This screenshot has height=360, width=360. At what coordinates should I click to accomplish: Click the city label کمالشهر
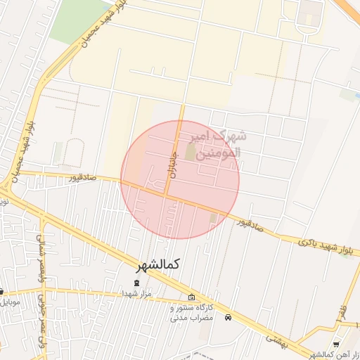pyautogui.click(x=158, y=265)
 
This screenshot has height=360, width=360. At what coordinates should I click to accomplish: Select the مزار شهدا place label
pyautogui.click(x=136, y=292)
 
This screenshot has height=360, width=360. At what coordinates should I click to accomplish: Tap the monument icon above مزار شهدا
pyautogui.click(x=136, y=283)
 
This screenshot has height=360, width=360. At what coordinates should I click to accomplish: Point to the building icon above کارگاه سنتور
pyautogui.click(x=192, y=297)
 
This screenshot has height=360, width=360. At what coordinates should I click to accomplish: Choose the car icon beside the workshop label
pyautogui.click(x=228, y=318)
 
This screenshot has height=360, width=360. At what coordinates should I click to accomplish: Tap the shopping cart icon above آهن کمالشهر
pyautogui.click(x=336, y=345)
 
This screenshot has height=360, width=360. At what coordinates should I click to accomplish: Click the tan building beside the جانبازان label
pyautogui.click(x=191, y=152)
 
